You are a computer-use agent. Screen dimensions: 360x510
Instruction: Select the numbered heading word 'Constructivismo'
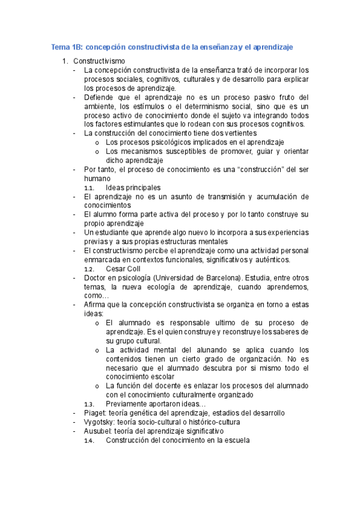(x=99, y=61)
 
